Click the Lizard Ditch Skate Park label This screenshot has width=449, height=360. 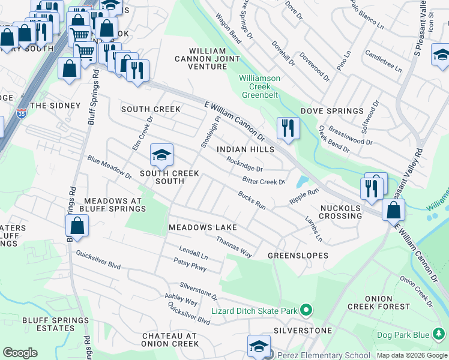[x=255, y=311]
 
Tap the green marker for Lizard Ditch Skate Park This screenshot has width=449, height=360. [x=306, y=311]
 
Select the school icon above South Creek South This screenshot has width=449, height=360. [x=161, y=156]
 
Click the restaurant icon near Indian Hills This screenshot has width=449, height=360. [x=288, y=128]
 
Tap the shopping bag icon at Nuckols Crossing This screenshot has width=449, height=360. [x=393, y=211]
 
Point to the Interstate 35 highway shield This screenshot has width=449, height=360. [x=22, y=114]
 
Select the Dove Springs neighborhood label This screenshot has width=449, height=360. [x=332, y=111]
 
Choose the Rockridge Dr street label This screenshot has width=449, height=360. [x=245, y=164]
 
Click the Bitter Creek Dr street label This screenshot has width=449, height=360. [x=264, y=181]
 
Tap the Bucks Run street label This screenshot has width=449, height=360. [x=252, y=200]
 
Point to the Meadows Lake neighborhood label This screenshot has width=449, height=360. [x=202, y=227]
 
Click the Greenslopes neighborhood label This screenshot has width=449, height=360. [x=298, y=255]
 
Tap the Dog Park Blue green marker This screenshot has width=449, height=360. [x=439, y=334]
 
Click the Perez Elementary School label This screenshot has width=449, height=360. [x=324, y=355]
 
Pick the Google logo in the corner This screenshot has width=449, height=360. [x=20, y=352]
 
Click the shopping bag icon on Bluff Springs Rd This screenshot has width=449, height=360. [x=77, y=227]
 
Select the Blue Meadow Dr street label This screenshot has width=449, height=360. [x=109, y=169]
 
